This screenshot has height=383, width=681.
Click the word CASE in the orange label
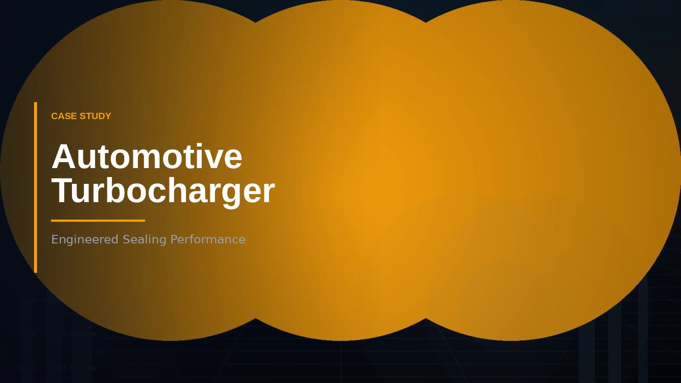tap(64, 116)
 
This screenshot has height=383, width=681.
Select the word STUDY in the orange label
tap(95, 116)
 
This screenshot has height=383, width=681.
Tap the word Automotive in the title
tap(147, 157)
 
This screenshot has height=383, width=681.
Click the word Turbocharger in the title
tap(163, 191)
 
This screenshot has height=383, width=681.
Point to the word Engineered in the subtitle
tap(85, 239)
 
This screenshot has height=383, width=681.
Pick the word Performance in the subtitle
tap(208, 239)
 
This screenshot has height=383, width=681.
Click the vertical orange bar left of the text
tap(36, 187)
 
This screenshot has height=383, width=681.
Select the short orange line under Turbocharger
tap(98, 220)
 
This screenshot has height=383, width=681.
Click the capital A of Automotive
tap(64, 157)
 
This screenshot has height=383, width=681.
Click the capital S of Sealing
tap(126, 239)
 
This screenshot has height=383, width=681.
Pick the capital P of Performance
tap(174, 239)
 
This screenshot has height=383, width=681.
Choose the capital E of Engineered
tap(54, 239)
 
